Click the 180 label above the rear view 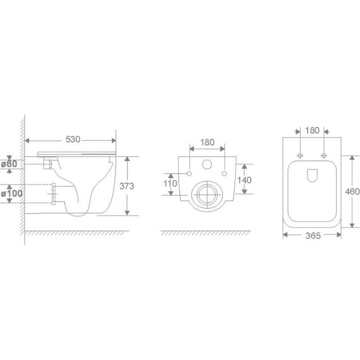(207, 143)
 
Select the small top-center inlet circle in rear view (207, 166)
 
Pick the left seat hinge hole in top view (299, 155)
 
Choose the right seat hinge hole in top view (325, 155)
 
